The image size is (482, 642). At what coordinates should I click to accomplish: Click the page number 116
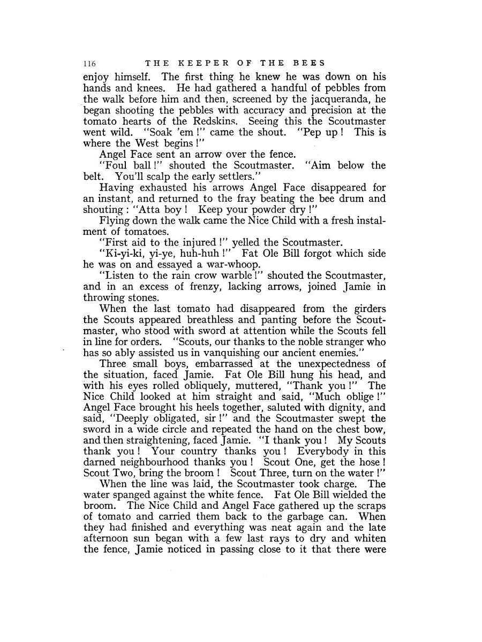[x=89, y=63]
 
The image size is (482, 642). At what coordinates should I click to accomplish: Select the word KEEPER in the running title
[x=195, y=63]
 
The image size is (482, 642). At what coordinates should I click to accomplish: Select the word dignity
[x=343, y=408]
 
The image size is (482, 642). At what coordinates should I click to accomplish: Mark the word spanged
[x=136, y=495]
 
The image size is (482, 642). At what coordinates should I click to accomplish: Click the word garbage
[x=306, y=517]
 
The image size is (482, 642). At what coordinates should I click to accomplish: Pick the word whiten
[x=369, y=539]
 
